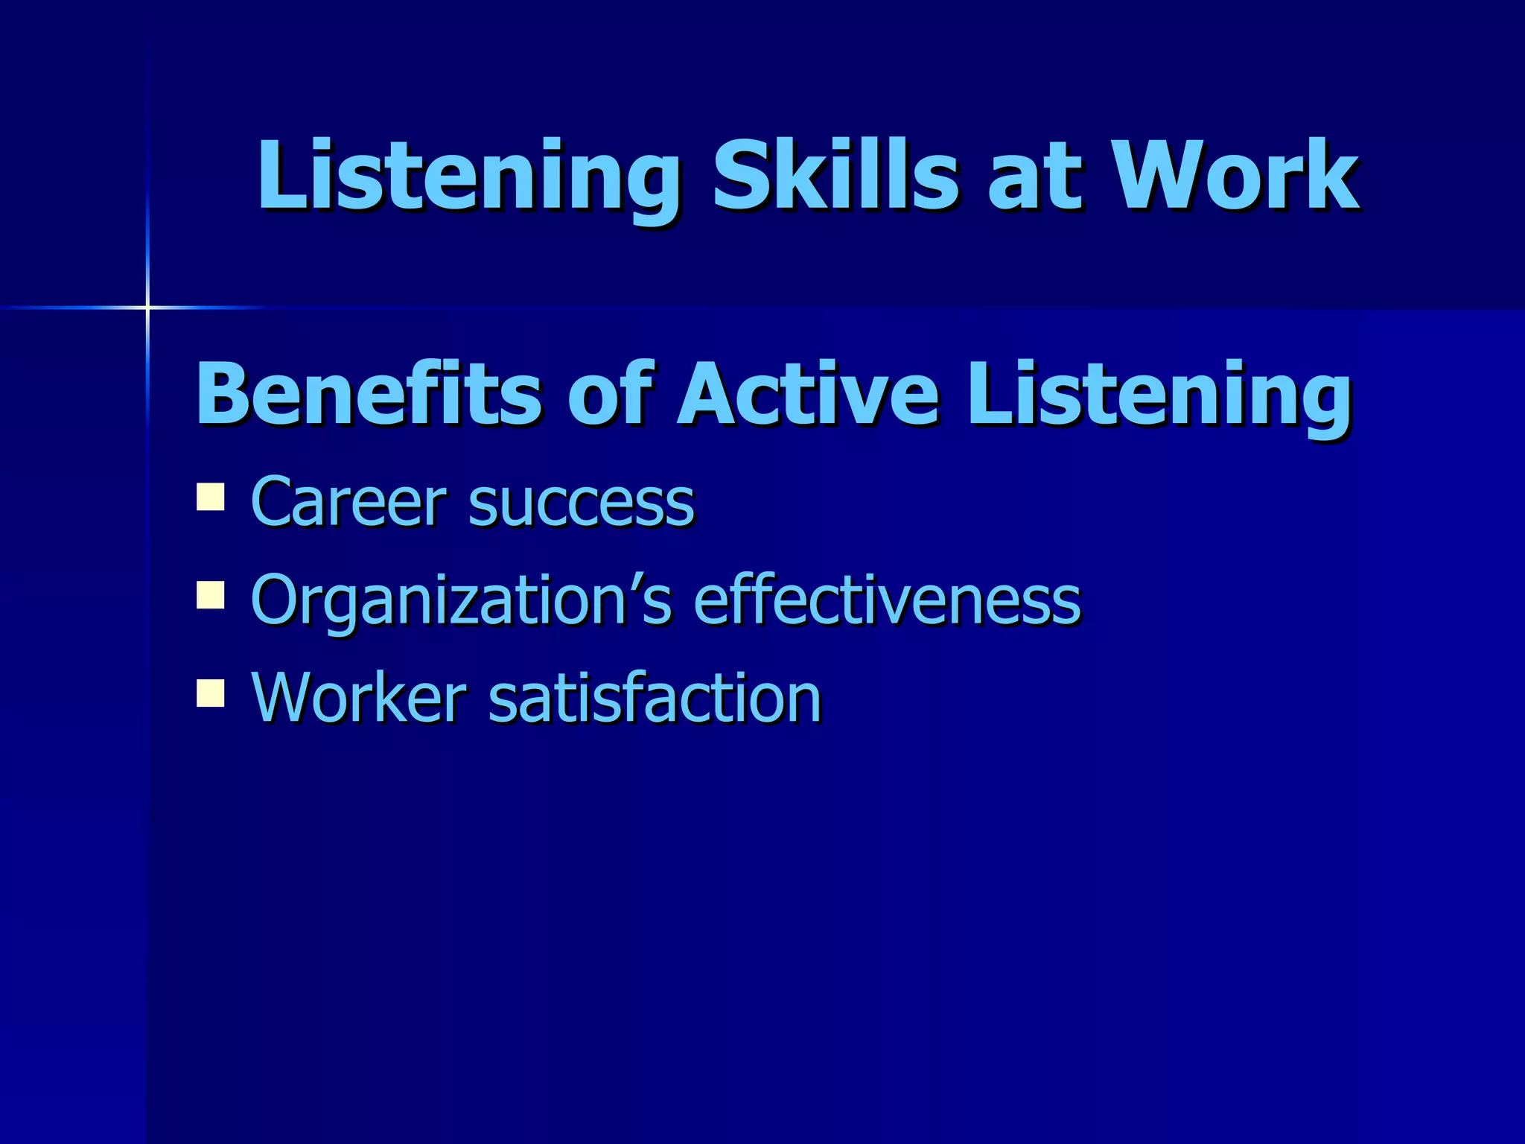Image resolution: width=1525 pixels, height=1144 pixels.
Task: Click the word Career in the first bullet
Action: click(350, 502)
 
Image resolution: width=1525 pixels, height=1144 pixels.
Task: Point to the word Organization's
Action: click(462, 600)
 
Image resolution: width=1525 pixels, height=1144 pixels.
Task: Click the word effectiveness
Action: click(886, 599)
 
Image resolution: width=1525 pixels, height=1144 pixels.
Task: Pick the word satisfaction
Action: click(655, 697)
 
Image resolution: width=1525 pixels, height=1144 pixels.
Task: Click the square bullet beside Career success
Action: click(211, 497)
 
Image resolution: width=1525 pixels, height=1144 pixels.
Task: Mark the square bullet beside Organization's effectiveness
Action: click(211, 595)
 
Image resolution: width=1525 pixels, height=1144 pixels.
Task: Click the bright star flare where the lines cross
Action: click(147, 307)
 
